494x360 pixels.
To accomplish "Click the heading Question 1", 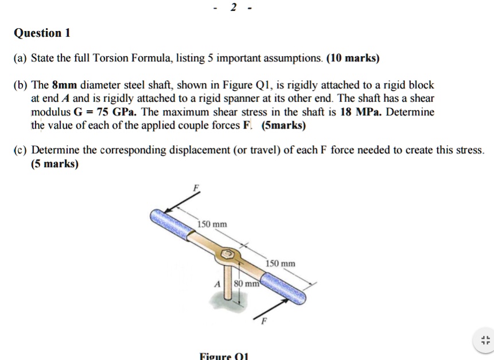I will click(41, 33).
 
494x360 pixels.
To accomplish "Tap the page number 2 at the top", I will click(233, 7).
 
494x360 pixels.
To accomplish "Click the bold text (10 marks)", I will click(353, 59).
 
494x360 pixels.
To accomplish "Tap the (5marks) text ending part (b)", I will click(283, 125).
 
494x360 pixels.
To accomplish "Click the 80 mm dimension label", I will click(248, 283).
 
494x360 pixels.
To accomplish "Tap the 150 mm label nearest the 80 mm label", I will click(281, 263).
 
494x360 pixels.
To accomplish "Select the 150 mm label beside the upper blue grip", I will click(212, 224).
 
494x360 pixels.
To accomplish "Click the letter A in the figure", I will click(217, 283).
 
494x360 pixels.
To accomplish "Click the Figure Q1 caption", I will click(223, 355).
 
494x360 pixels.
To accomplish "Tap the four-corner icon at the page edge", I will click(485, 339).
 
